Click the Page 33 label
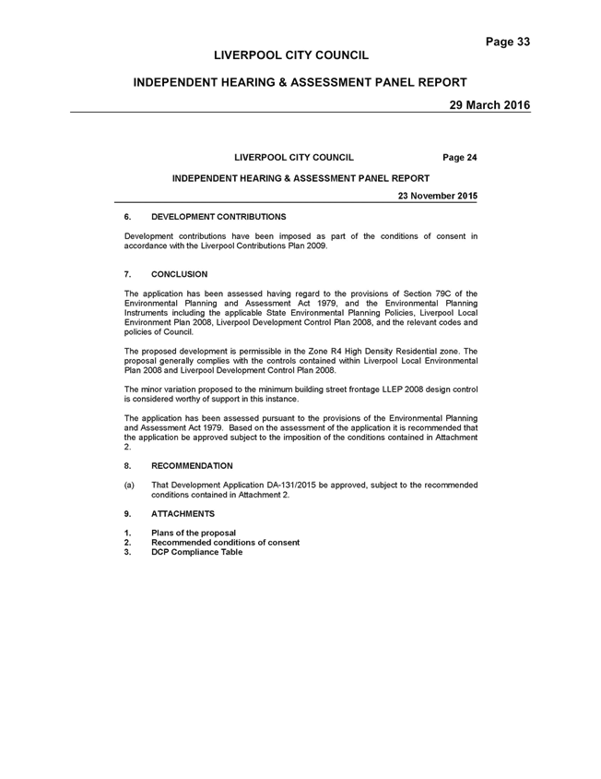[x=508, y=42]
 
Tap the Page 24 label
[x=460, y=158]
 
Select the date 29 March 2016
[x=489, y=105]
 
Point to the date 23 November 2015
[x=438, y=196]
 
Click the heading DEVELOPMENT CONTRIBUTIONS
[x=218, y=217]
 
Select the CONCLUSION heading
[x=179, y=274]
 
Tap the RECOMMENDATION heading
[x=192, y=466]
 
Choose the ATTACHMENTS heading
[x=183, y=514]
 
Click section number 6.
[x=127, y=217]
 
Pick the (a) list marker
[x=129, y=485]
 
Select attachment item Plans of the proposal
[x=194, y=533]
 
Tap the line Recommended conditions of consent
[x=225, y=543]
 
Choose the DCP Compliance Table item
[x=197, y=552]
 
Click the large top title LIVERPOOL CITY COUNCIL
[x=291, y=55]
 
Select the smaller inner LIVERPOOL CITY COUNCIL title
[x=294, y=158]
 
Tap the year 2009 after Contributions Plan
[x=318, y=246]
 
